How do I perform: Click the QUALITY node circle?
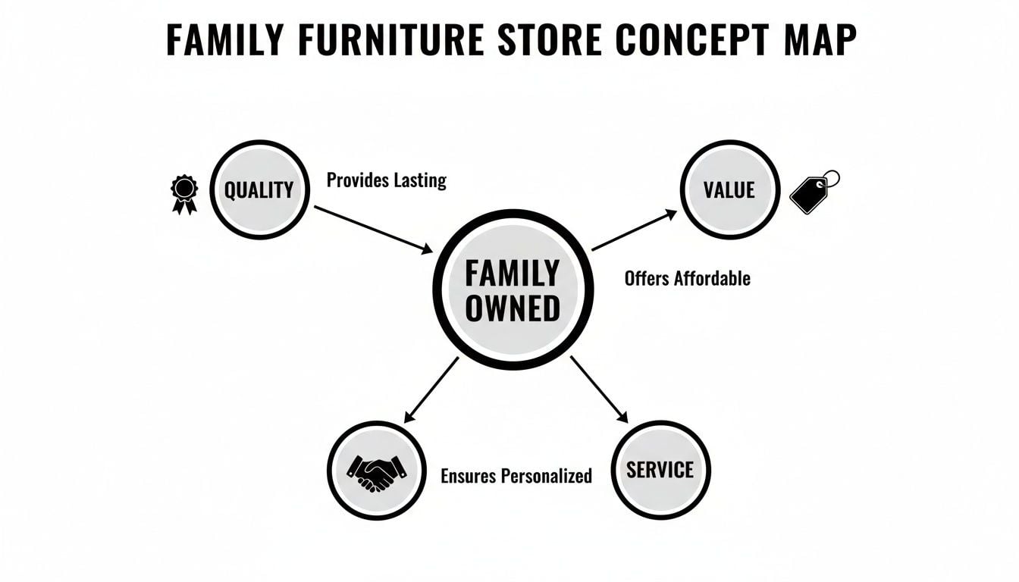click(259, 189)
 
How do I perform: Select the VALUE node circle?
click(730, 189)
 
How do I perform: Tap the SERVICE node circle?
click(660, 470)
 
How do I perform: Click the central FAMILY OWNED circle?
click(513, 291)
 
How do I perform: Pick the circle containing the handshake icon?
click(376, 471)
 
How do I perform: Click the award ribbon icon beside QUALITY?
click(183, 193)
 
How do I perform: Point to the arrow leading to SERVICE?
click(599, 389)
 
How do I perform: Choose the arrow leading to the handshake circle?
click(431, 389)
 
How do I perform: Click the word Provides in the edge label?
click(357, 180)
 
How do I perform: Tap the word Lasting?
click(419, 180)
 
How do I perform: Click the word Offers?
click(646, 278)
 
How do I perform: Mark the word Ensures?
click(469, 476)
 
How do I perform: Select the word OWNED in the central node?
click(513, 308)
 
